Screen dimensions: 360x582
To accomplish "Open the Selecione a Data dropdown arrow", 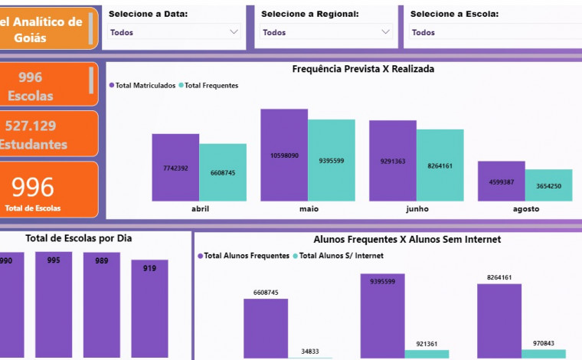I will (x=234, y=32).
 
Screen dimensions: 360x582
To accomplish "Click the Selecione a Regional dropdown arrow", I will (x=385, y=32).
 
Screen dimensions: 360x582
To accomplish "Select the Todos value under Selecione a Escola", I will (x=423, y=33).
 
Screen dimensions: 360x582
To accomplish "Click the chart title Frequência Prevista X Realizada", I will (x=363, y=69).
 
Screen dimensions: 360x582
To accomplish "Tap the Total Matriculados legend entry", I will (x=144, y=86).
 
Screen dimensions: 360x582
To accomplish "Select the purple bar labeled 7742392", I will (x=175, y=168).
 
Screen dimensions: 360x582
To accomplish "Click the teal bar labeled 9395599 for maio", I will (x=332, y=161).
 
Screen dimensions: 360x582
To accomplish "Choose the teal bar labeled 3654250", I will (x=548, y=185).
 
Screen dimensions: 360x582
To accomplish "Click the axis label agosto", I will (x=525, y=208).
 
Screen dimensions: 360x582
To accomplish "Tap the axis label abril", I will (x=199, y=208).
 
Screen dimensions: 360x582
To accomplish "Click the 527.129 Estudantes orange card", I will (x=49, y=134).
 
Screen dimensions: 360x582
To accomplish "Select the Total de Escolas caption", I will (x=34, y=208).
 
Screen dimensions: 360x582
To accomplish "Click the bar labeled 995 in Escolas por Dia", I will (x=54, y=306).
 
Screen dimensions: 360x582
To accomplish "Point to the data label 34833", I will (x=310, y=351).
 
